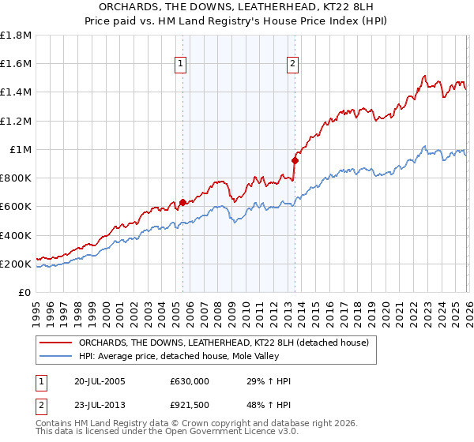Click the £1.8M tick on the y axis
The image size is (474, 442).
pyautogui.click(x=17, y=36)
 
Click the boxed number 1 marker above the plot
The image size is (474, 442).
pyautogui.click(x=181, y=64)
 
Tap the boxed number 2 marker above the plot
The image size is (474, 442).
pyautogui.click(x=292, y=64)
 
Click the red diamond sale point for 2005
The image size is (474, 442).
pyautogui.click(x=182, y=202)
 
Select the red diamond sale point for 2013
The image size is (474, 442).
pyautogui.click(x=295, y=160)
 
